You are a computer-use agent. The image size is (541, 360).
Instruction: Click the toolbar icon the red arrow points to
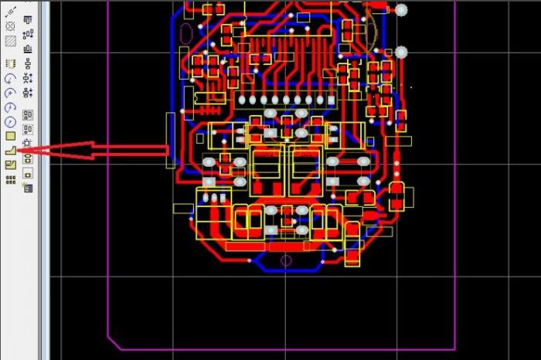tap(11, 151)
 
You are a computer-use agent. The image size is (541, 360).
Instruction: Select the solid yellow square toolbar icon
tap(11, 136)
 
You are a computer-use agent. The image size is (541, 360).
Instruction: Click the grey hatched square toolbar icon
tap(11, 40)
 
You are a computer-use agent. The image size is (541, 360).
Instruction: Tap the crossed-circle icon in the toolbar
tap(11, 25)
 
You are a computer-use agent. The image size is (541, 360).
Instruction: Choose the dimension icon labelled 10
tap(11, 10)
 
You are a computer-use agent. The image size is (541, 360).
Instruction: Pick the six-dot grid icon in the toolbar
tap(11, 180)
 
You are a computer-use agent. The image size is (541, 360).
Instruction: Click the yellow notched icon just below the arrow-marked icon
tap(11, 165)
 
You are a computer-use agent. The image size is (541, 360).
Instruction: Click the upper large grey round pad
tap(401, 10)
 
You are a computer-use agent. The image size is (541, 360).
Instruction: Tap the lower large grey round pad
tap(401, 52)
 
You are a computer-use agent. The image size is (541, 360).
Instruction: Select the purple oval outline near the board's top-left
tap(185, 34)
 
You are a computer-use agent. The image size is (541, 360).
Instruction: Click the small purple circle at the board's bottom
tap(286, 260)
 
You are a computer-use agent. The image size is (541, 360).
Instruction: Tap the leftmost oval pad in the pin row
tap(242, 100)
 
